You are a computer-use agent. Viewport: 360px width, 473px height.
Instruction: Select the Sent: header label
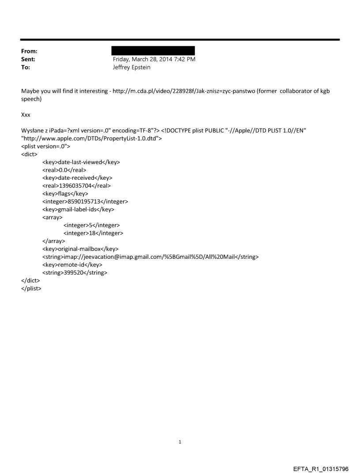click(28, 59)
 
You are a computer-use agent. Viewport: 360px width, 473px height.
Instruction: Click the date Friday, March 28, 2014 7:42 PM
click(154, 59)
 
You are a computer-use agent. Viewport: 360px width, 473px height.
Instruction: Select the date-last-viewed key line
click(81, 162)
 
